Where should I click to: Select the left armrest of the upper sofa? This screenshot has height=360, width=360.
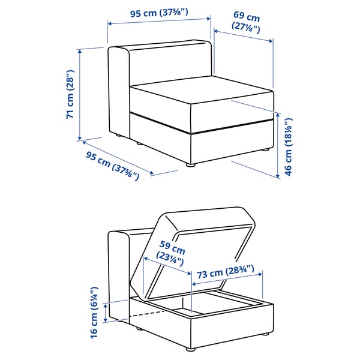[118, 90]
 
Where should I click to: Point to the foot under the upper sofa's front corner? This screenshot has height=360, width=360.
[190, 163]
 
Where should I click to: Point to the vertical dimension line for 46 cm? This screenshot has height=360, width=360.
[278, 145]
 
